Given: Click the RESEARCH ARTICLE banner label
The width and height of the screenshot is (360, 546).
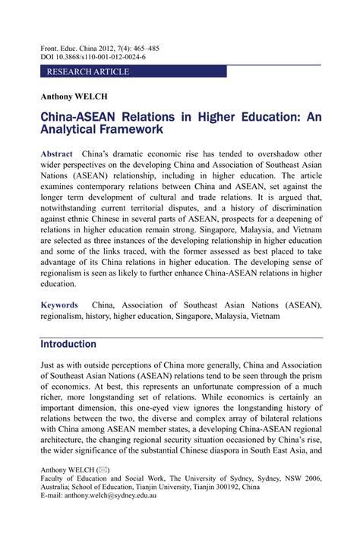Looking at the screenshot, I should (88, 72).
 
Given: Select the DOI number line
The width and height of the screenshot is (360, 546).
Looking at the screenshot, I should (93, 57).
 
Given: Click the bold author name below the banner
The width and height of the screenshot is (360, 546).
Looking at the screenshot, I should (74, 96).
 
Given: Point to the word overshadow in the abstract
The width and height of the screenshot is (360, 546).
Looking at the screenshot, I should (268, 154).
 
